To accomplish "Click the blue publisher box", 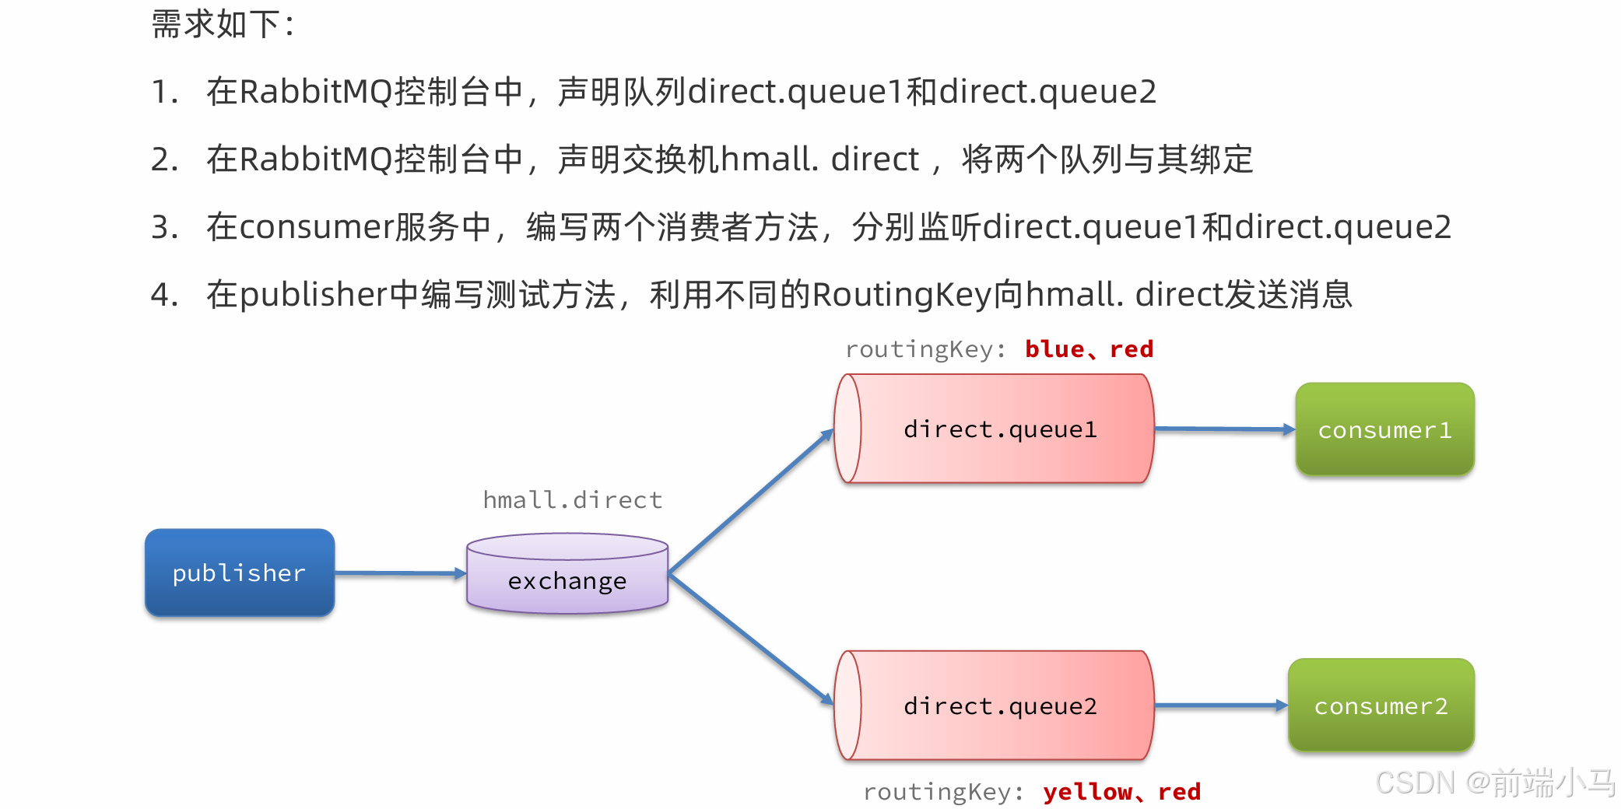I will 240,573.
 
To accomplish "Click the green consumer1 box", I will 1384,429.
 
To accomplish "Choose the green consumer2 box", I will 1381,706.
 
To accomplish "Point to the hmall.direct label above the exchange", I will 573,500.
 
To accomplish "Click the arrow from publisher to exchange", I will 400,573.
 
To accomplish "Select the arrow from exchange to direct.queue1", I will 750,502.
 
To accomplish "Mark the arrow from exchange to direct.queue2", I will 750,639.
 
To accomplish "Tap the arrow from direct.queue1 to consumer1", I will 1224,429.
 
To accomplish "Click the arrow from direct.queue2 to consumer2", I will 1220,706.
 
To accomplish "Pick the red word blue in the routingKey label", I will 1054,349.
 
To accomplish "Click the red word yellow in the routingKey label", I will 1087,792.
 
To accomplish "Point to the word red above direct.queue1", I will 1132,349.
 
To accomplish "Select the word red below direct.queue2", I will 1180,792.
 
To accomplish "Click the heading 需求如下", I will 223,24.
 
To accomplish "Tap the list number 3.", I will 164,227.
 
